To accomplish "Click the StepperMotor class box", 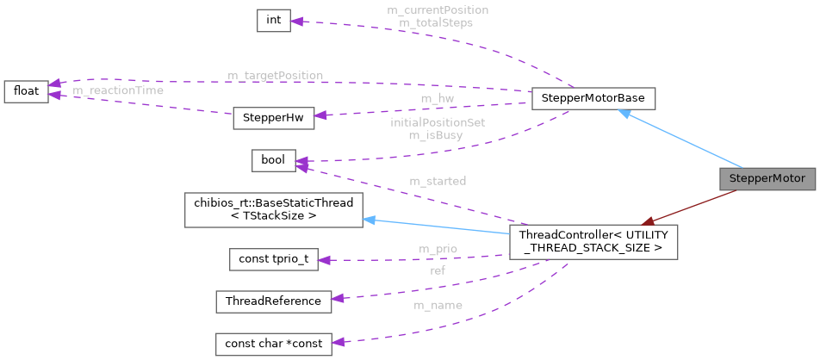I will click(767, 179).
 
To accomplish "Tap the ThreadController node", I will click(593, 242).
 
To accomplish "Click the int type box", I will click(273, 21).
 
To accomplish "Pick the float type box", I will click(26, 90).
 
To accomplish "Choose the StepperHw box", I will click(273, 119).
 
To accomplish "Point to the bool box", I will click(273, 160).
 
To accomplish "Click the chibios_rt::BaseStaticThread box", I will click(273, 210).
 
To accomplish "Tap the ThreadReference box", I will click(273, 301).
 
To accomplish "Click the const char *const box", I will click(273, 343).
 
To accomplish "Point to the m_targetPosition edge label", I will click(275, 76).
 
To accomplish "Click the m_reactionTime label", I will click(118, 90).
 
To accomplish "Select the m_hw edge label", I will click(437, 98).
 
